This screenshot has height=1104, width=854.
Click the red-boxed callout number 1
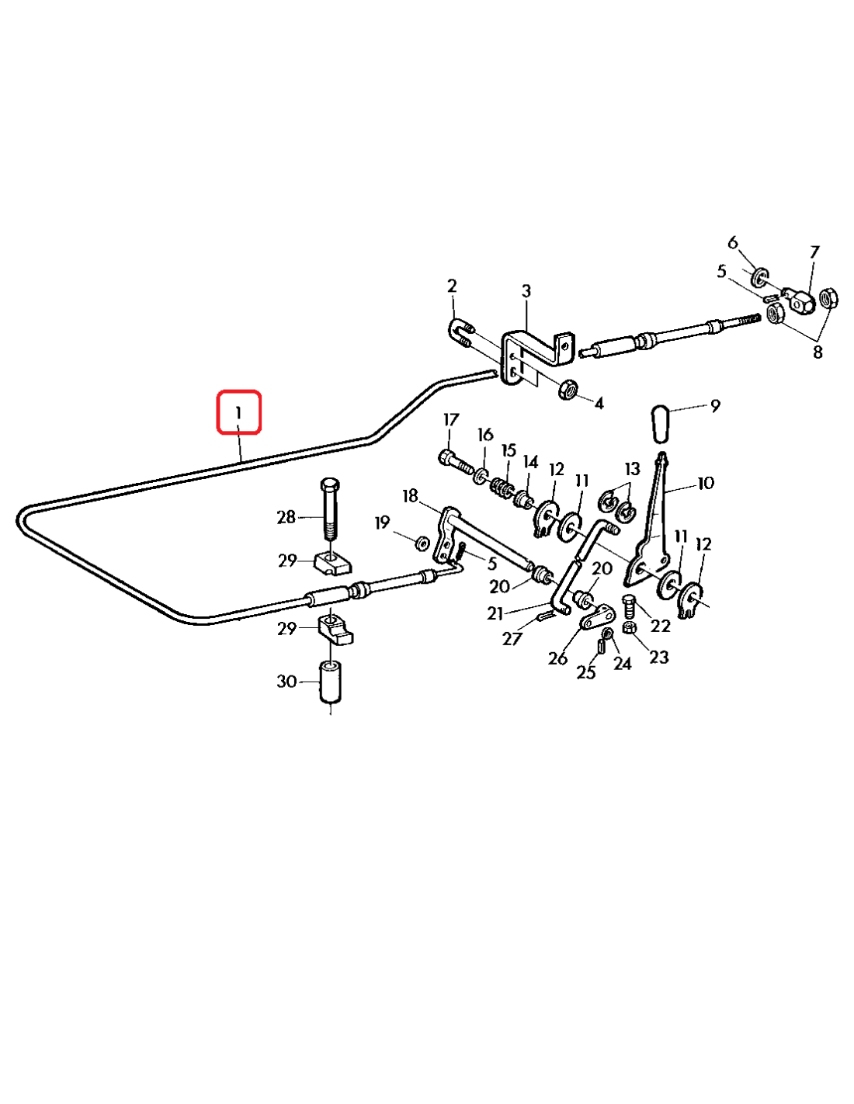tap(238, 412)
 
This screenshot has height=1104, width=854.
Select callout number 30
tap(287, 681)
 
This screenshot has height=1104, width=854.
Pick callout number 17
tap(451, 420)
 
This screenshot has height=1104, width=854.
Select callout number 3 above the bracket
tap(526, 291)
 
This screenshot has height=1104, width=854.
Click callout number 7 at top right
tap(814, 252)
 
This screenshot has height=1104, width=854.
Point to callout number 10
tap(705, 483)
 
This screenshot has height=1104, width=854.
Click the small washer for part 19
tap(422, 542)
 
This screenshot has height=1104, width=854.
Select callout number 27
tap(512, 638)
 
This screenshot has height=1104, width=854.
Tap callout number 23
tap(658, 657)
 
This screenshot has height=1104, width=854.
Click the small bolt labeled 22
tap(630, 605)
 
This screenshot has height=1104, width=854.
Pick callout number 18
tap(410, 495)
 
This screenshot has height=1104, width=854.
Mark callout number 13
tap(633, 469)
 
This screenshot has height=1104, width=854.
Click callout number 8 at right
tap(818, 352)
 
